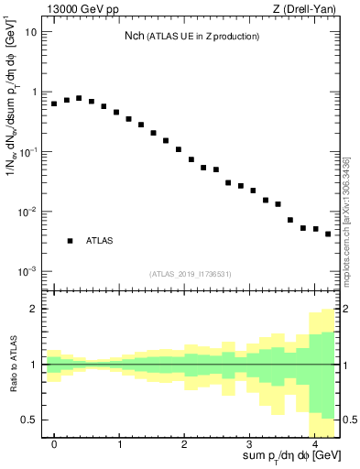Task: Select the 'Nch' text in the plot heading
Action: [x=135, y=36]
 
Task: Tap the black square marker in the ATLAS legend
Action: [x=70, y=241]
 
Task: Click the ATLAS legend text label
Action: [x=100, y=241]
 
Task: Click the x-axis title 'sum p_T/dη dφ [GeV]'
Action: [x=291, y=456]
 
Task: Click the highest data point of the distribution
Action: [x=79, y=98]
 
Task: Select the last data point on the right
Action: [x=328, y=234]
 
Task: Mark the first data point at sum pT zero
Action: [x=54, y=104]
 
